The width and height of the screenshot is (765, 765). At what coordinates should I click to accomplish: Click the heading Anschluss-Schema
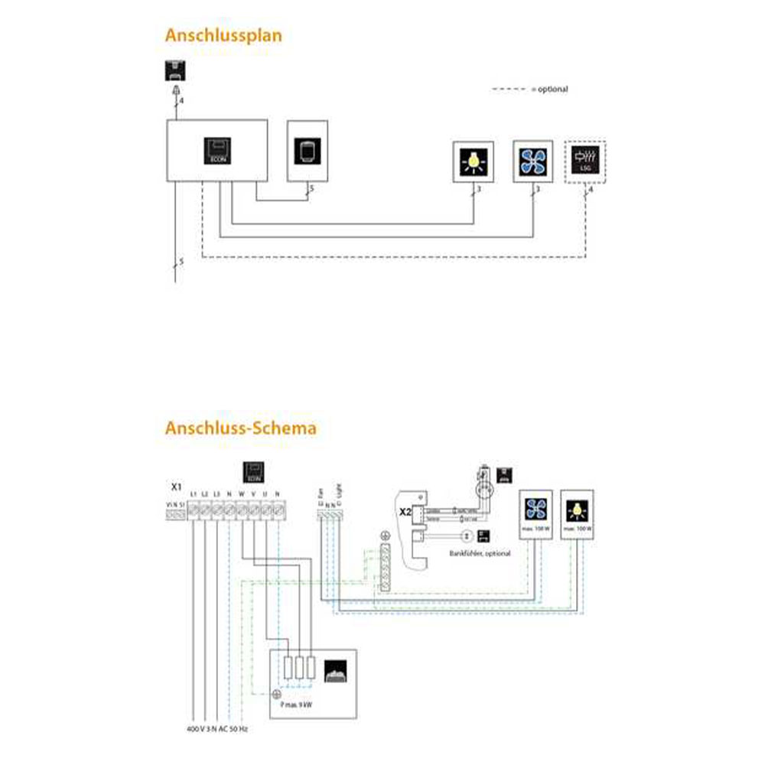pos(240,428)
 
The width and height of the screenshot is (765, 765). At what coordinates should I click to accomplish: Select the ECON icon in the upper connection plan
pos(217,150)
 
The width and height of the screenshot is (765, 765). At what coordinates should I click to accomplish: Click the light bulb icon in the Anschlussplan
pos(474,161)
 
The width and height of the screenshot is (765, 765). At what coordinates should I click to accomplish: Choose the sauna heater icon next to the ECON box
pos(308,150)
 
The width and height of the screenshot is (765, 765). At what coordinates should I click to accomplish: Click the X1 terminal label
pos(176,487)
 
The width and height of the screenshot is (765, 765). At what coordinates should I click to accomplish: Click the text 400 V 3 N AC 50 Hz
pos(217,729)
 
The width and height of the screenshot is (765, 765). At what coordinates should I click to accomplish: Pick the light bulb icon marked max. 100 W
pos(576,508)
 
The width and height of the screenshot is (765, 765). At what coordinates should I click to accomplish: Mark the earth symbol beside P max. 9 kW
pos(276,694)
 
